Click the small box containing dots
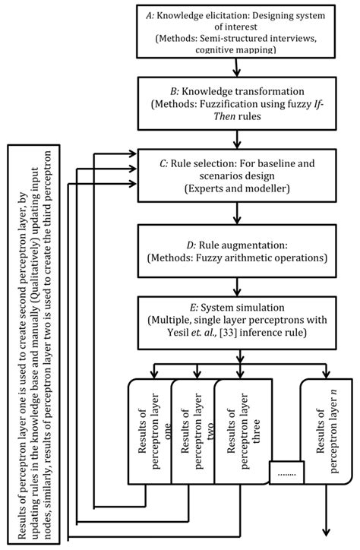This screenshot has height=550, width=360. [286, 473]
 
